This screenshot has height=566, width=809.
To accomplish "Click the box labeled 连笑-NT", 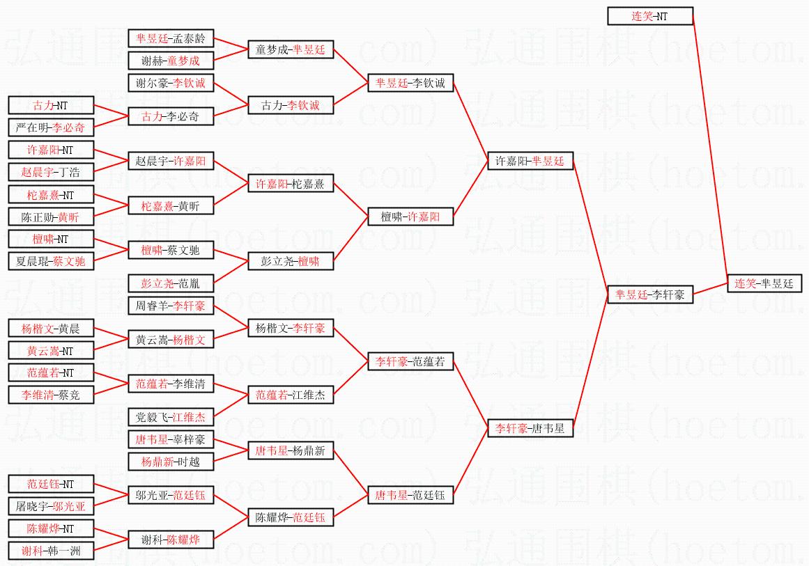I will coord(650,16).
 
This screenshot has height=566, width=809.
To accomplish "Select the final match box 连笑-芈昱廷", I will coord(764,283).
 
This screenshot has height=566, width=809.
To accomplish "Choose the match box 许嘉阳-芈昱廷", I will coord(530,161).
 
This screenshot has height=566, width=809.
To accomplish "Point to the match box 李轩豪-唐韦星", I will coord(530,428).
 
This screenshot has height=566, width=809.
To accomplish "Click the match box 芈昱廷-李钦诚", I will coord(410,83).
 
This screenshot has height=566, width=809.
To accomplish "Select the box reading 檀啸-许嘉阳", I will coord(410,217).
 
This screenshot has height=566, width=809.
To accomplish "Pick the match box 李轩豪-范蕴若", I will coord(410,361).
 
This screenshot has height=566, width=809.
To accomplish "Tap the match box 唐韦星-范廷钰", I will coord(410,495).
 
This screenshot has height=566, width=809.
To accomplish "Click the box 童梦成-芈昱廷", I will coord(291,49).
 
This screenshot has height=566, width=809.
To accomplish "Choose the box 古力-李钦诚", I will coord(291,105).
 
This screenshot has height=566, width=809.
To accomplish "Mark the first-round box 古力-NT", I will coord(51,105).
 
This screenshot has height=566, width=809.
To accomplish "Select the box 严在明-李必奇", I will coord(51,127).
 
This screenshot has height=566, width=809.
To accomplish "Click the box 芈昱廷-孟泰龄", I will coord(171,38).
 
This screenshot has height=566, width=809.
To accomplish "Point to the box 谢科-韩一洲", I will coord(51,551).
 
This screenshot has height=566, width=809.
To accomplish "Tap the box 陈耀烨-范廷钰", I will coord(291,517).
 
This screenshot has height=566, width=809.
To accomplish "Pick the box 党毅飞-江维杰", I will coord(171,417).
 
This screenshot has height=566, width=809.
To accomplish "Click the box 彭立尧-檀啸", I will coord(291,261).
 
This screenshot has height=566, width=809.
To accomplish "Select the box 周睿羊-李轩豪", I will coord(171,306).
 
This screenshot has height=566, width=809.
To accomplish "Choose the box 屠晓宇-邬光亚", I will coord(51,506).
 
